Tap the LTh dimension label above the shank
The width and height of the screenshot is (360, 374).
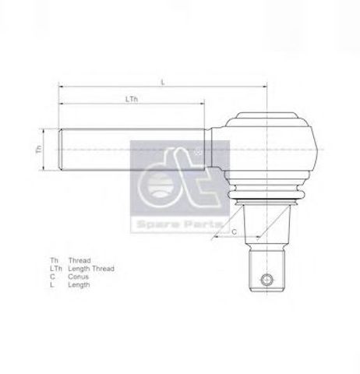click(x=132, y=100)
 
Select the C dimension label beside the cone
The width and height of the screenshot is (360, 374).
click(x=234, y=231)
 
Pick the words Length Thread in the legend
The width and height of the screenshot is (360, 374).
click(x=91, y=268)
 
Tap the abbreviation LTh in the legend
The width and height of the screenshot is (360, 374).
click(x=55, y=268)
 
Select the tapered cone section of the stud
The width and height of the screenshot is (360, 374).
click(x=265, y=226)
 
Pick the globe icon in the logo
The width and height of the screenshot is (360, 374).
click(x=161, y=187)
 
